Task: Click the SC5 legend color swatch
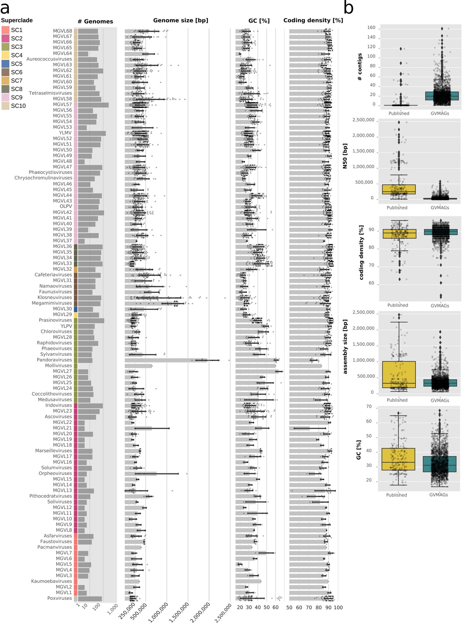click(5, 64)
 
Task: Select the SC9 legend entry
click(17, 97)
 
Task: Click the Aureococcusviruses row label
click(49, 59)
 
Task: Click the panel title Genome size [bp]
click(180, 20)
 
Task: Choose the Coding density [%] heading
click(313, 20)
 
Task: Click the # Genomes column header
click(95, 21)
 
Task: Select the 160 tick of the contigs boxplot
click(371, 27)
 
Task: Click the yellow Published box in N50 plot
click(398, 189)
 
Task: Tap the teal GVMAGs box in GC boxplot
click(440, 464)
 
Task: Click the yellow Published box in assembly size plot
click(398, 374)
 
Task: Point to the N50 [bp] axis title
click(345, 156)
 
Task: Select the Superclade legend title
click(17, 20)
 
